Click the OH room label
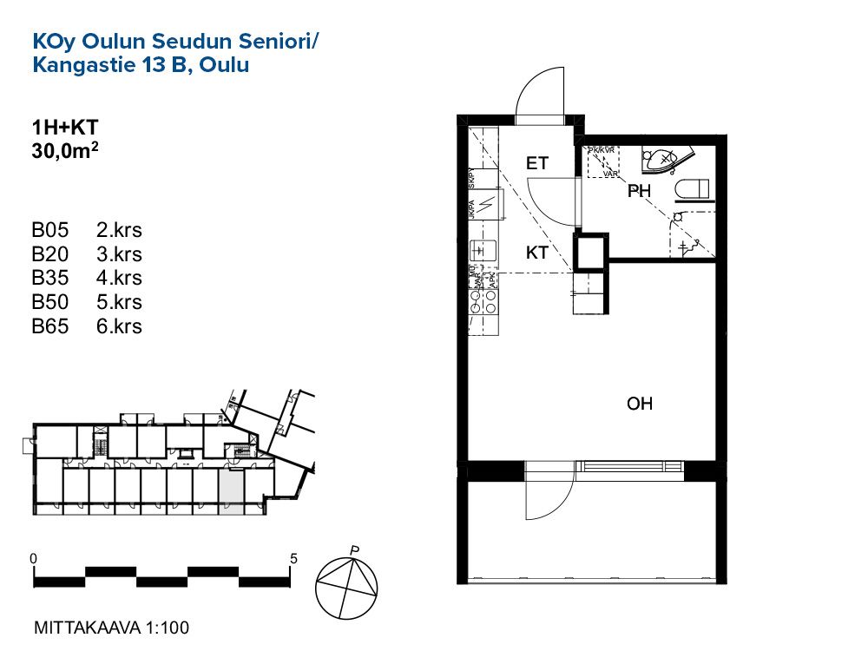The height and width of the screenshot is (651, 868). (640, 404)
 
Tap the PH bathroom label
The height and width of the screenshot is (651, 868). (640, 192)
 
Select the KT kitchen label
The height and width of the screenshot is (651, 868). (537, 253)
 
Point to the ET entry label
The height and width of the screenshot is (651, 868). (537, 162)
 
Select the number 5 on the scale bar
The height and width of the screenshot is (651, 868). (294, 558)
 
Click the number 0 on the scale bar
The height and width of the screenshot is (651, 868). (32, 558)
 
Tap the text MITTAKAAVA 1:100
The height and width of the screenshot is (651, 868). (110, 627)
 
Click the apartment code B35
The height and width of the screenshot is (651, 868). (49, 279)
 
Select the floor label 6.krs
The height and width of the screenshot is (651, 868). (120, 326)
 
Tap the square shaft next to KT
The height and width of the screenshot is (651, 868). (593, 252)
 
